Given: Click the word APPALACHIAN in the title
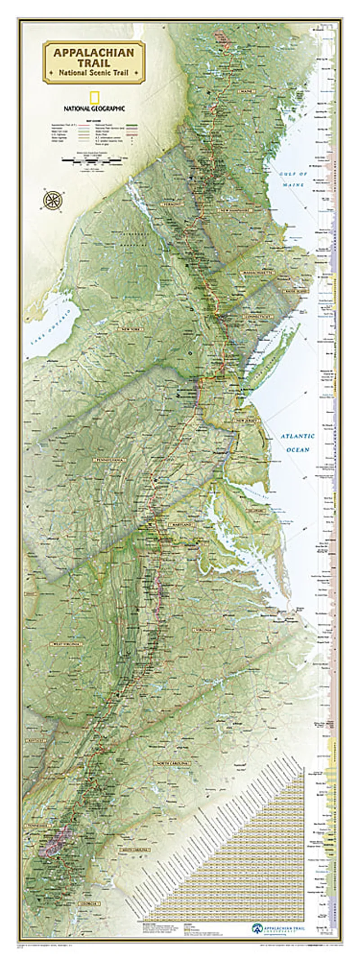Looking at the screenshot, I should [x=94, y=53].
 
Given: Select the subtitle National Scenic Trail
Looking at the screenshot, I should [x=94, y=72].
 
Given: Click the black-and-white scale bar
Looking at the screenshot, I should [x=92, y=159].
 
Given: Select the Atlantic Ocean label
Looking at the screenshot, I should [x=298, y=442].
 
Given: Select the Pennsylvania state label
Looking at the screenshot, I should [x=108, y=460].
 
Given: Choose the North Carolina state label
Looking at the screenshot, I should [x=172, y=763].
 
